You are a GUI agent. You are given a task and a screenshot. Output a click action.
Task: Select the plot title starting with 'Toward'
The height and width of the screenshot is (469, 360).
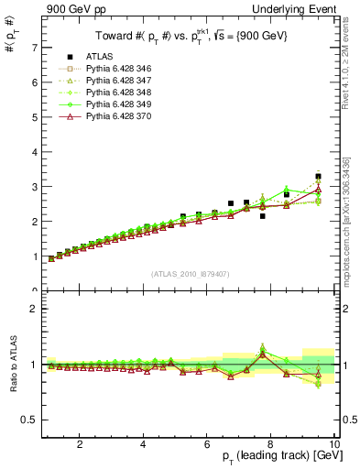(x=188, y=36)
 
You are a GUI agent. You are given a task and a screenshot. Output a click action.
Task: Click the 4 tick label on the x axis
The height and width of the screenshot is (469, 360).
(x=143, y=444)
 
